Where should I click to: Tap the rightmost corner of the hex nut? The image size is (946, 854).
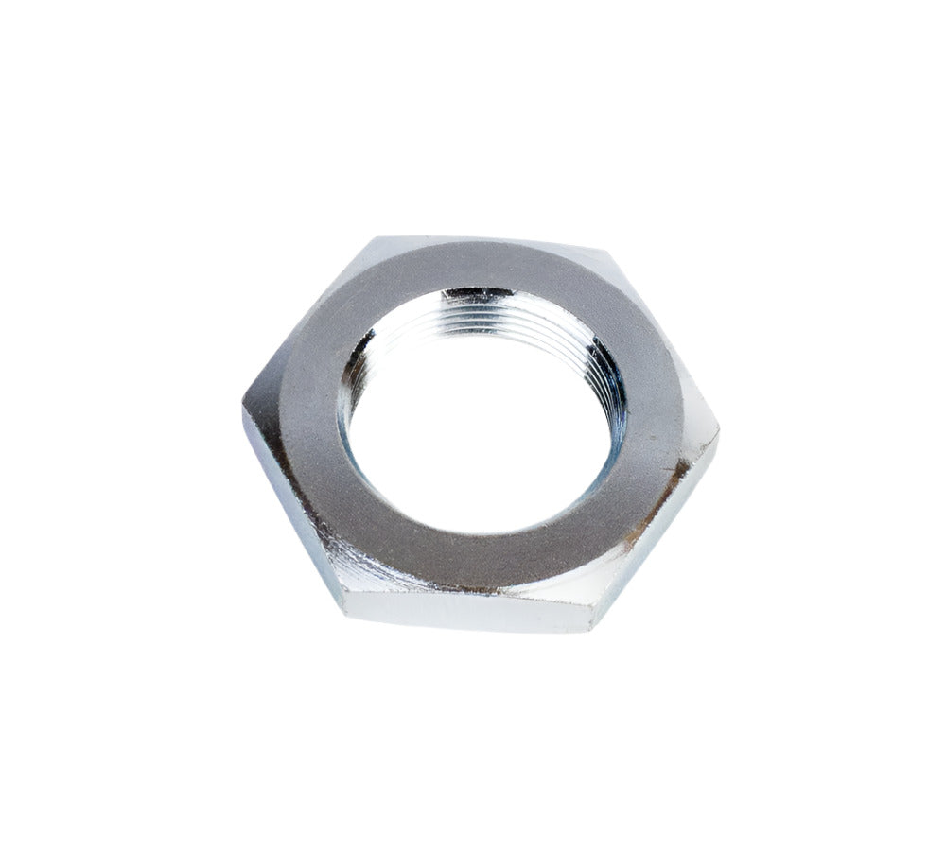(x=718, y=438)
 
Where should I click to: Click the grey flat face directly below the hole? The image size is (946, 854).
(x=473, y=558)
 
